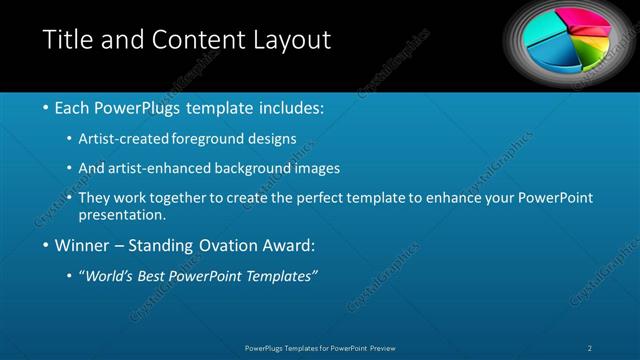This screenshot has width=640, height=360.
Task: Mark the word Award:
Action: [x=286, y=245]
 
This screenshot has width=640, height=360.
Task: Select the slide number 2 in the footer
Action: [x=591, y=347]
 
